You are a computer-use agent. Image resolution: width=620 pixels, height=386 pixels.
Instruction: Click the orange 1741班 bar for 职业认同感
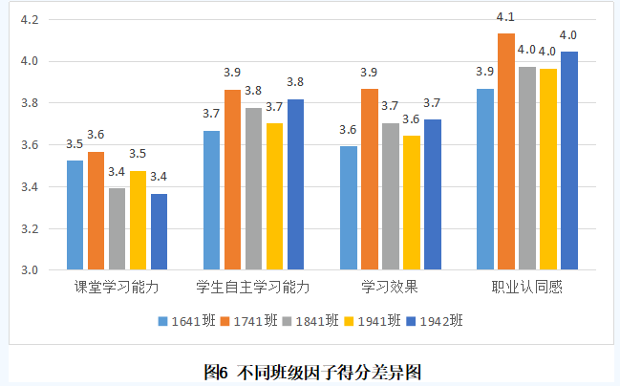click(x=505, y=152)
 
